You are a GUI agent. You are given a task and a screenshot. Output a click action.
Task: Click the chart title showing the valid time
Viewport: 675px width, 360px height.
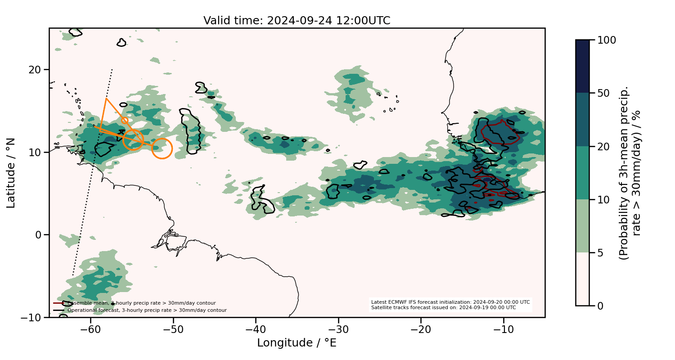click(x=297, y=21)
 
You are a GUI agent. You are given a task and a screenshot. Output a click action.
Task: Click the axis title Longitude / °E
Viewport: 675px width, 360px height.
click(x=297, y=343)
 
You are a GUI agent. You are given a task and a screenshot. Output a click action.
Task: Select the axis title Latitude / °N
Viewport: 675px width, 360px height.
click(x=11, y=173)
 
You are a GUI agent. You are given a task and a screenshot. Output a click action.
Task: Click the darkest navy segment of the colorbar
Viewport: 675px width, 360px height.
click(x=582, y=66)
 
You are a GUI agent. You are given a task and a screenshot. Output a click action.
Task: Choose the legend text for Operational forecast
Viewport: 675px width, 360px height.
click(x=147, y=310)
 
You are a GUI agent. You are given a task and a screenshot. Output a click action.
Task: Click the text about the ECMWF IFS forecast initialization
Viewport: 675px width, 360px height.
click(x=450, y=302)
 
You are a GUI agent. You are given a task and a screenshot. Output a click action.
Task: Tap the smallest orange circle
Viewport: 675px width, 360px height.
click(x=125, y=120)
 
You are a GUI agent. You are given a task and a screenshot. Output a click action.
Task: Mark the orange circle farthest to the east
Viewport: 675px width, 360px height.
click(x=162, y=148)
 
